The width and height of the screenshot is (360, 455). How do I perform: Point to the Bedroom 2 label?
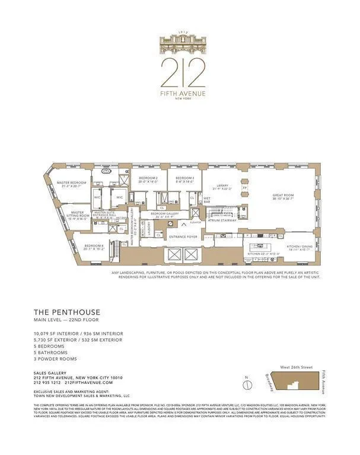148,180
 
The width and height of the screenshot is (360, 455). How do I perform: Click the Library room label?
222,186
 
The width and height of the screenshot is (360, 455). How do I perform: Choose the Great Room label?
283,196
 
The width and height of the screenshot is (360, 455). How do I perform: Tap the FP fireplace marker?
244,188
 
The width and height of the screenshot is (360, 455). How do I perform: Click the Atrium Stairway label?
222,220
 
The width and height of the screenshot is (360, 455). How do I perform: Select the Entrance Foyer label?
183,238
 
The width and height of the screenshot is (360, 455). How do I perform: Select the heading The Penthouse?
67,312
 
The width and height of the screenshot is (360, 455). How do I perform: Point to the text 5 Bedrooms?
51,347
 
